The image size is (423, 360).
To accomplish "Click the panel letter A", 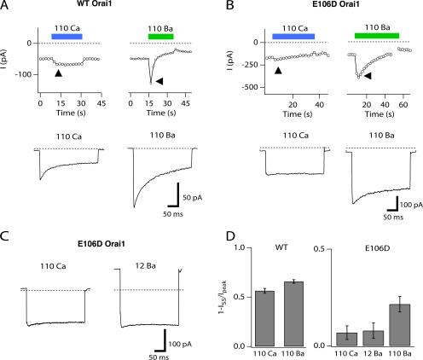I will pyautogui.click(x=5, y=6).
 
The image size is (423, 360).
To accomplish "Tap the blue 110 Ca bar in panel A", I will pyautogui.click(x=67, y=37).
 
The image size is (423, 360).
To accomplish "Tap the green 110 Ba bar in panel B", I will pyautogui.click(x=377, y=36).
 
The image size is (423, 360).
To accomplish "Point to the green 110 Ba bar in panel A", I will pyautogui.click(x=159, y=37).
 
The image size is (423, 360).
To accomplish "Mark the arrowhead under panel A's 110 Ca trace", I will pyautogui.click(x=58, y=74).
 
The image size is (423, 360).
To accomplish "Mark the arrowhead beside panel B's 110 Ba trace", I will pyautogui.click(x=368, y=76).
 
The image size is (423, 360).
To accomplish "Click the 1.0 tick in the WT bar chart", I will pyautogui.click(x=238, y=247).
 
